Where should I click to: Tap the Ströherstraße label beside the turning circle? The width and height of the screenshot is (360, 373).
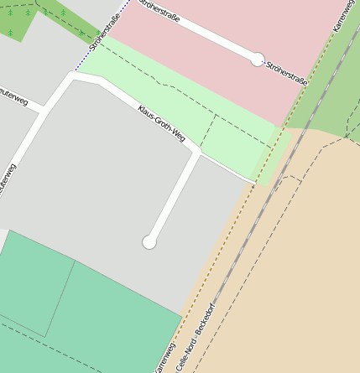(287, 73)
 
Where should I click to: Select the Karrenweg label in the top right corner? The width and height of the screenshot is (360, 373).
(345, 16)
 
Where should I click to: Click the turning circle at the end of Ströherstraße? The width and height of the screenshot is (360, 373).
(258, 60)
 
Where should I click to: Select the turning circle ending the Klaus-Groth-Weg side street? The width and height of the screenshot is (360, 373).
(149, 242)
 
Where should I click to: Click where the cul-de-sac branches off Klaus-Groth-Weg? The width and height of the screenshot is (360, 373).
(199, 153)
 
